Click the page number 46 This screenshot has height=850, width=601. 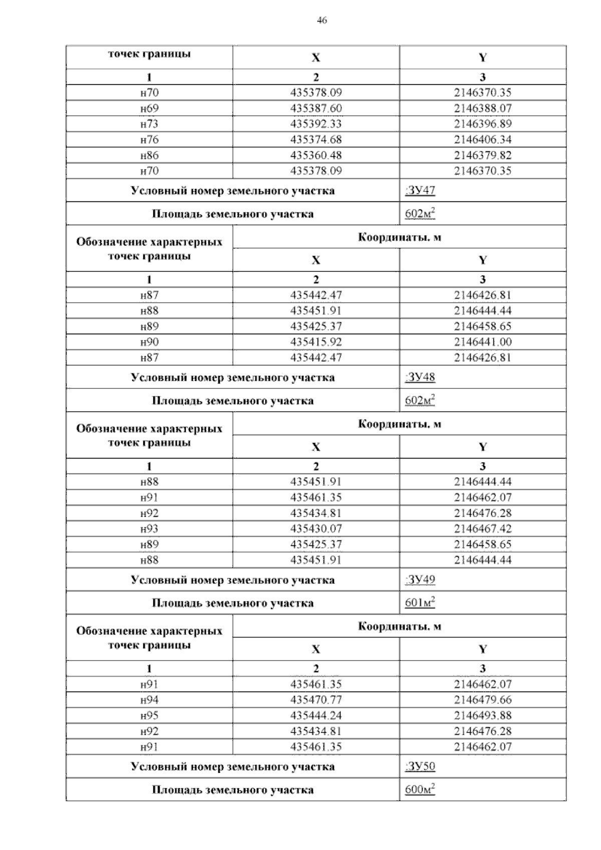pyautogui.click(x=322, y=21)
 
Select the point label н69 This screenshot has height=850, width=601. pyautogui.click(x=149, y=108)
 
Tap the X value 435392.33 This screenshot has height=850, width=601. pyautogui.click(x=316, y=124)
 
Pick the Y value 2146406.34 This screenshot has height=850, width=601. pyautogui.click(x=482, y=139)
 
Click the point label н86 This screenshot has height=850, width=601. pyautogui.click(x=149, y=155)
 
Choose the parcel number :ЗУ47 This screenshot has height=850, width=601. pyautogui.click(x=420, y=190)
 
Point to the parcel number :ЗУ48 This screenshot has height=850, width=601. pyautogui.click(x=420, y=377)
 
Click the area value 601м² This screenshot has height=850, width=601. pyautogui.click(x=420, y=603)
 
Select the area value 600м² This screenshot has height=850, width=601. pyautogui.click(x=420, y=790)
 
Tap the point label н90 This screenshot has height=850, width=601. pyautogui.click(x=149, y=342)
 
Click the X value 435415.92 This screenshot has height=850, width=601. pyautogui.click(x=316, y=342)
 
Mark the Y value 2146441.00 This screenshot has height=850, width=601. pyautogui.click(x=482, y=342)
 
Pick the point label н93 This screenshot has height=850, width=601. pyautogui.click(x=149, y=529)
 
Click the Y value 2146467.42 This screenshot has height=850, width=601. pyautogui.click(x=482, y=529)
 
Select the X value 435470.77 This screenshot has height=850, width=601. pyautogui.click(x=316, y=700)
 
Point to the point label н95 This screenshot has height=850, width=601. pyautogui.click(x=149, y=716)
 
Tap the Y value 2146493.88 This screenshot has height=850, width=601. pyautogui.click(x=482, y=716)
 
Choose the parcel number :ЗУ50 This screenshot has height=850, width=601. pyautogui.click(x=420, y=766)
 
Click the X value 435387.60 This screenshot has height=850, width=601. pyautogui.click(x=316, y=108)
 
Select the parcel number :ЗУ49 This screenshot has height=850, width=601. pyautogui.click(x=420, y=580)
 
